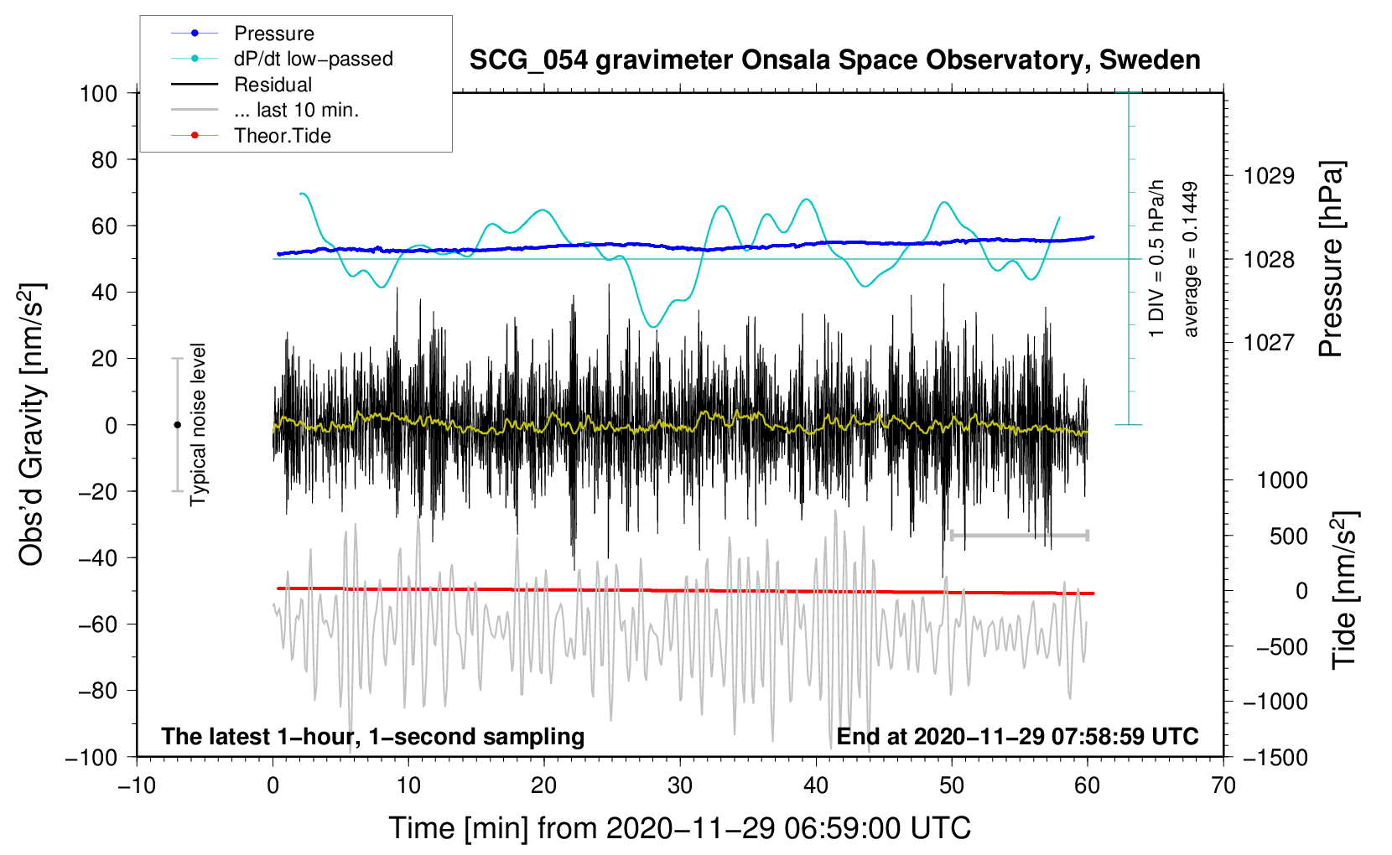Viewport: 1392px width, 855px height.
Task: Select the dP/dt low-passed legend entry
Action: (x=313, y=59)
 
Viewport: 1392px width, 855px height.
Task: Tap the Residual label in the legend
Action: (x=273, y=85)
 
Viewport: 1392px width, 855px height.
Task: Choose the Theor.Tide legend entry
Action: (x=282, y=136)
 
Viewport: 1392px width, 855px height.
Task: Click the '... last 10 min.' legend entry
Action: (x=296, y=110)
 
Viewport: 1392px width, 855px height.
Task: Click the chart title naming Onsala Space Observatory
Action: (x=834, y=60)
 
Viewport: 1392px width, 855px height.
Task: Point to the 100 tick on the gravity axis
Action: (x=98, y=93)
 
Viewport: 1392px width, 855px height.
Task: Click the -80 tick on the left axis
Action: (x=98, y=691)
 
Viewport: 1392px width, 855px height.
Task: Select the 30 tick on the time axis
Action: (x=680, y=785)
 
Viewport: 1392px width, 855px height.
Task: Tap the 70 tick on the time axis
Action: (x=1223, y=785)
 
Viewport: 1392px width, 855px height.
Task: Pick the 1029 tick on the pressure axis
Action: (x=1269, y=176)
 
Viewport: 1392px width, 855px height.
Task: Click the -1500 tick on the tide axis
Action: (x=1275, y=757)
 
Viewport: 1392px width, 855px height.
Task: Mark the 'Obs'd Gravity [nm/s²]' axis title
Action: (x=32, y=424)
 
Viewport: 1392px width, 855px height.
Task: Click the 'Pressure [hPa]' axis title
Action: (x=1332, y=260)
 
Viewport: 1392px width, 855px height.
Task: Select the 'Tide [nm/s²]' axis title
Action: (x=1344, y=591)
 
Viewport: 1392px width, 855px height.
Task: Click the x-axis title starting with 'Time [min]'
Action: (x=679, y=828)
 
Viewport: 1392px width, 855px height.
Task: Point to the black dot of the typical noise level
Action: (x=177, y=425)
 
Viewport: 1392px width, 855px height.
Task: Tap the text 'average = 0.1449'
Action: (x=1191, y=260)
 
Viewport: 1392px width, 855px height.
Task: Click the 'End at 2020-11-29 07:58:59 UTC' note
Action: (x=1017, y=736)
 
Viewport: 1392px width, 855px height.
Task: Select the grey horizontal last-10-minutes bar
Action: (x=1019, y=535)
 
